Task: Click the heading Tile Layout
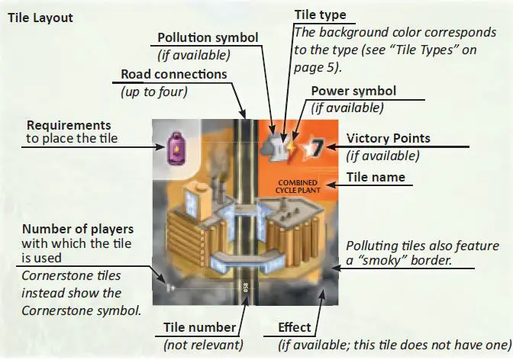(x=40, y=18)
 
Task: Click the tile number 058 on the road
(x=245, y=288)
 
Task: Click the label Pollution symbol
(x=208, y=38)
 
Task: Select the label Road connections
(x=173, y=75)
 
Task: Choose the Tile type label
(x=320, y=15)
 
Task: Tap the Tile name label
(x=376, y=178)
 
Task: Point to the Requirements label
(x=68, y=125)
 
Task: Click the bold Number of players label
(x=78, y=229)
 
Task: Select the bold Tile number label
(x=199, y=328)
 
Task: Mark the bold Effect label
(x=294, y=328)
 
